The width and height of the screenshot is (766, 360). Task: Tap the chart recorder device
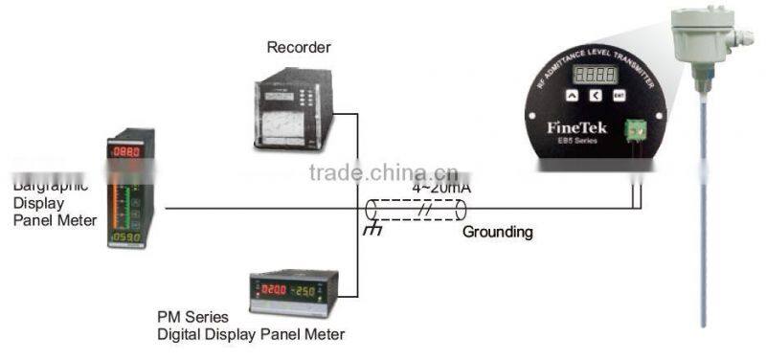coord(293,112)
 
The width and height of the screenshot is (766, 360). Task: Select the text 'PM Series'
coord(191,316)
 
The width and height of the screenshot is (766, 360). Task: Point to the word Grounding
coord(498,232)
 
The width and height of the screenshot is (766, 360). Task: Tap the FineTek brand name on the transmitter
coord(574,127)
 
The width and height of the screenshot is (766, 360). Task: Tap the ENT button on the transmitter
coord(619,95)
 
